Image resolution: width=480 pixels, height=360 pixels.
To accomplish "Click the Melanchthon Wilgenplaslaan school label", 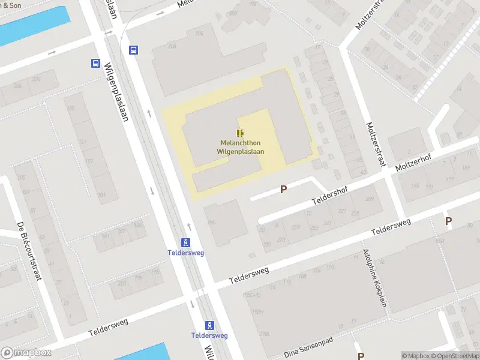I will click(240, 147).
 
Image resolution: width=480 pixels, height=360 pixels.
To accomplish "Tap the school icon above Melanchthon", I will click(240, 133).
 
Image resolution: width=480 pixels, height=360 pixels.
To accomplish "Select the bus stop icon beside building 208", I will click(133, 50).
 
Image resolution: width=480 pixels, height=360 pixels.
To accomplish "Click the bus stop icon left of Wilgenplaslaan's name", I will click(95, 63).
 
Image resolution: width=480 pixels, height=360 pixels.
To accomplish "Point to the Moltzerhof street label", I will click(415, 163).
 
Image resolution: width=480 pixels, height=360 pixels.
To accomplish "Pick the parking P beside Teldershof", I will click(284, 189).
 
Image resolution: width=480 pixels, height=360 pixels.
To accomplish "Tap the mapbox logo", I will click(26, 353).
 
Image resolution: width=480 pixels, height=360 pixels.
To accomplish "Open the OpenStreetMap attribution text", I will click(455, 356).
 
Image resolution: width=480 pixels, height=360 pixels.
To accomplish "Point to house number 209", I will click(370, 199).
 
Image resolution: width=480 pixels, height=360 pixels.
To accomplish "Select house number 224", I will click(36, 79).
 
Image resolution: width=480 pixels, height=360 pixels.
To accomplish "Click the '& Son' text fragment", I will click(12, 4).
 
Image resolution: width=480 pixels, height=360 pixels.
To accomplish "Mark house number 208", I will click(172, 46).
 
